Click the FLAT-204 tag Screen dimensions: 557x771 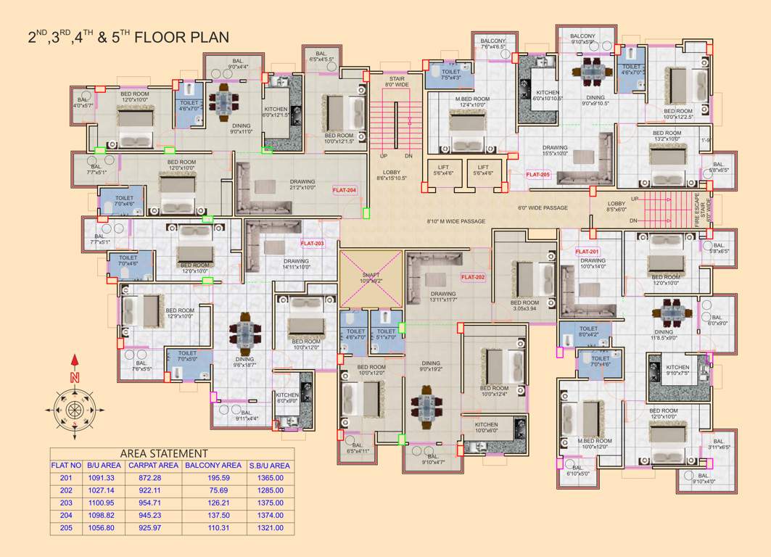click(x=345, y=190)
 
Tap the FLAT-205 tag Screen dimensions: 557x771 click(x=538, y=175)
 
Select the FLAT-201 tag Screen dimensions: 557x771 click(x=587, y=252)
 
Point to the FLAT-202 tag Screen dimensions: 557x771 click(x=473, y=276)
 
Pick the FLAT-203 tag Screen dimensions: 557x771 click(x=313, y=244)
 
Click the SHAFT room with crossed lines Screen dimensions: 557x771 click(x=370, y=278)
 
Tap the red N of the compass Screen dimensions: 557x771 click(x=74, y=377)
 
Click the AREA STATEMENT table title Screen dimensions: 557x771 click(x=164, y=453)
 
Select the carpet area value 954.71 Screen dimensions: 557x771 click(x=153, y=503)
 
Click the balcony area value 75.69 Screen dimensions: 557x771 click(x=213, y=490)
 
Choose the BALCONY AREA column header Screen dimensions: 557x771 click(x=213, y=466)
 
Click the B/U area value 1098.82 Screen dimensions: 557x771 click(x=101, y=516)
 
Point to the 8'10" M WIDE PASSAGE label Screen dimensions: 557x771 click(x=455, y=221)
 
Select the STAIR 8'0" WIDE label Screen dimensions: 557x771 click(x=397, y=81)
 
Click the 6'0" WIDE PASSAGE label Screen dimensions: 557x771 click(x=543, y=208)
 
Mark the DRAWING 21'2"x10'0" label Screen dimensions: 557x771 click(x=302, y=185)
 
